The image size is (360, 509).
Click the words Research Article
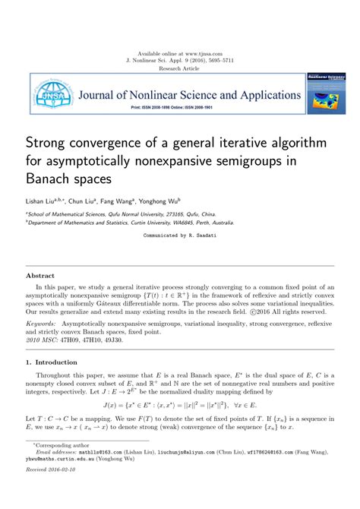180,68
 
